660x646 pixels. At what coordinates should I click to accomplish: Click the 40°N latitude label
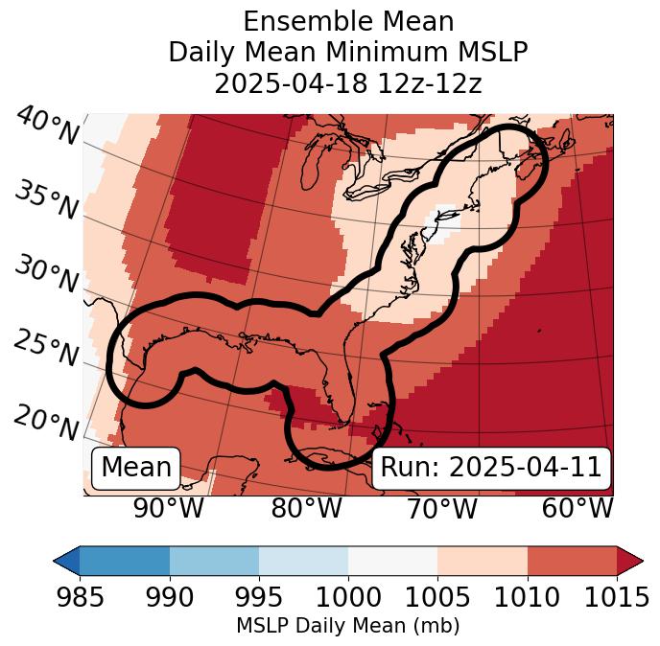[46, 127]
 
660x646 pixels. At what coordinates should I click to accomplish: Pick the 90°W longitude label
[168, 509]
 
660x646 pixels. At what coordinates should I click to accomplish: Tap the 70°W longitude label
[441, 509]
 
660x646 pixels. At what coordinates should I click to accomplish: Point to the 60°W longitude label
[577, 509]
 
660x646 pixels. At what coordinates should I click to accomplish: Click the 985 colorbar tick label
[80, 598]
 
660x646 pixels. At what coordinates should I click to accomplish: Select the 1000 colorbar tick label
[347, 598]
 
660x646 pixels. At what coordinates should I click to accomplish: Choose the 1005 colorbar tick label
[437, 598]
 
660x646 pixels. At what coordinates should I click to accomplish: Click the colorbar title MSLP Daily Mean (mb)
[347, 627]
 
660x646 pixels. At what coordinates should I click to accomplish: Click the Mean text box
[136, 468]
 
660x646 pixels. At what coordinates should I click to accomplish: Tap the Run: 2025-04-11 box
[491, 468]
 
